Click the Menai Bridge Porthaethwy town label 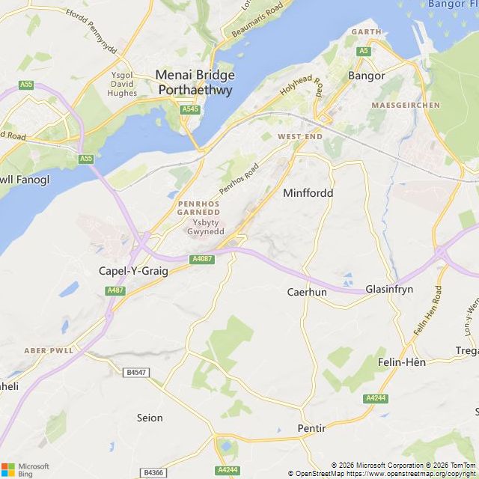click(x=194, y=82)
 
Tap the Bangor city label click(x=367, y=76)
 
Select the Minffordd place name click(x=308, y=193)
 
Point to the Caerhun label click(x=307, y=292)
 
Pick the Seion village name click(x=150, y=418)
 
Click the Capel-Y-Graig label click(x=133, y=271)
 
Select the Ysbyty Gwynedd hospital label click(x=205, y=228)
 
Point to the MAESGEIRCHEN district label click(x=406, y=106)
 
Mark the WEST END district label click(x=299, y=137)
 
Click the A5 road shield click(x=364, y=50)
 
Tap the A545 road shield click(x=190, y=110)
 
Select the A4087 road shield click(x=202, y=259)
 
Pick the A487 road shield click(x=115, y=290)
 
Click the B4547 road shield click(x=135, y=371)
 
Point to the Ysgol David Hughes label click(x=122, y=84)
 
